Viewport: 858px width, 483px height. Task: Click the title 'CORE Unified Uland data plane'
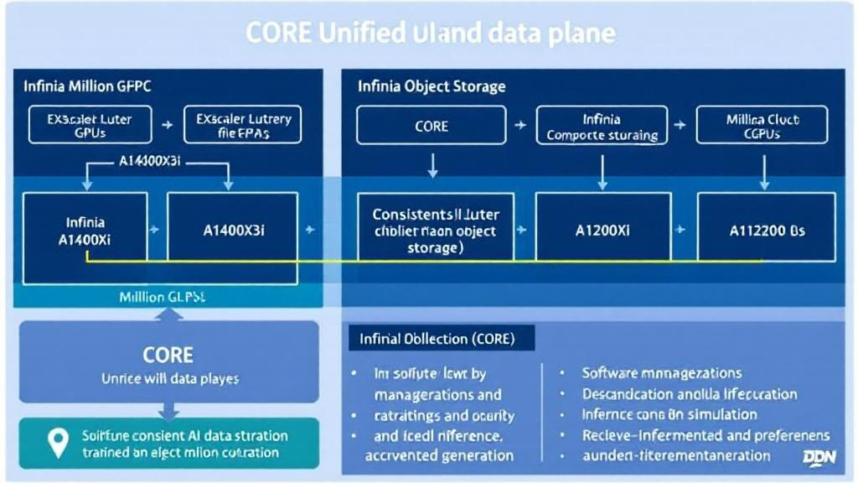[x=430, y=33]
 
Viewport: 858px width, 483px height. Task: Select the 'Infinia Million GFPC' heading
[x=88, y=86]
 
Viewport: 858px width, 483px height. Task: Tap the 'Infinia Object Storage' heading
[x=432, y=86]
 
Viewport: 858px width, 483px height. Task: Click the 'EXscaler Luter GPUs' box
[x=90, y=126]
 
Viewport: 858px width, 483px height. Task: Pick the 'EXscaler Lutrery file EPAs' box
[x=243, y=126]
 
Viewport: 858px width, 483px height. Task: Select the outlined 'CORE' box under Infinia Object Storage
[x=432, y=126]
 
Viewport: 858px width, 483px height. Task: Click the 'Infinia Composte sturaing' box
[x=602, y=126]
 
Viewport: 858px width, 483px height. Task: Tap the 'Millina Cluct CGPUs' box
[x=762, y=126]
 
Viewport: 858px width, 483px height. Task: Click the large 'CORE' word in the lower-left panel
[x=168, y=354]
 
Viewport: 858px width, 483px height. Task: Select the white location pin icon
[x=58, y=442]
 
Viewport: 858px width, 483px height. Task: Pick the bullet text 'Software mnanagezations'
[x=661, y=373]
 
